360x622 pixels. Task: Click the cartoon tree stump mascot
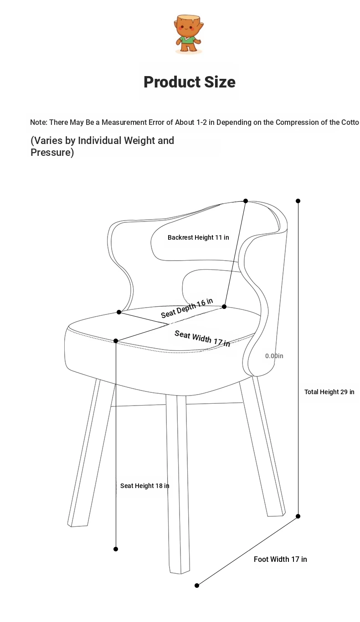[189, 34]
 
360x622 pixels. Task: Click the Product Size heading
[190, 82]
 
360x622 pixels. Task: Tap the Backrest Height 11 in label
[198, 237]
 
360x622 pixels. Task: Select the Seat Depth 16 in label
[187, 308]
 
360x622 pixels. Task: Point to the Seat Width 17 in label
[202, 339]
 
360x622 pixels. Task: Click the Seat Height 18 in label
[145, 486]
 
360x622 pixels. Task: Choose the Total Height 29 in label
[329, 392]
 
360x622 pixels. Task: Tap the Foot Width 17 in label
[280, 559]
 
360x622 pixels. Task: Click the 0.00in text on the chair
[274, 356]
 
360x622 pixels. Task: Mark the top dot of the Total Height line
[298, 201]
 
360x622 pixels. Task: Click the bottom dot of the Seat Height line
[116, 549]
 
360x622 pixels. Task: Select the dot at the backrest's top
[246, 201]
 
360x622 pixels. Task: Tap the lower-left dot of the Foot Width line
[197, 586]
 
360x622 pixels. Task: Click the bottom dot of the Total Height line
[298, 516]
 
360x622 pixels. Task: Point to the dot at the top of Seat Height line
[116, 341]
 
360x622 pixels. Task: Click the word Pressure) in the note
[52, 153]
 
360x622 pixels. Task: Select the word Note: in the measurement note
[39, 122]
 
